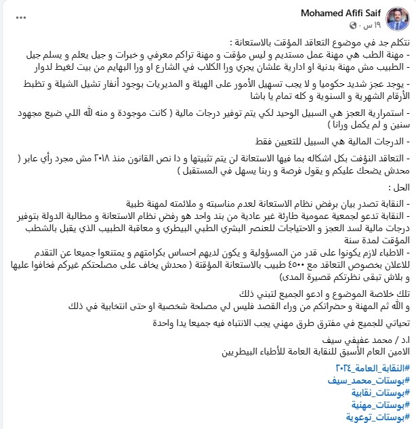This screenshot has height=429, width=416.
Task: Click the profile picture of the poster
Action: point(396,18)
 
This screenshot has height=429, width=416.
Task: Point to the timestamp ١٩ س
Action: point(371,25)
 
